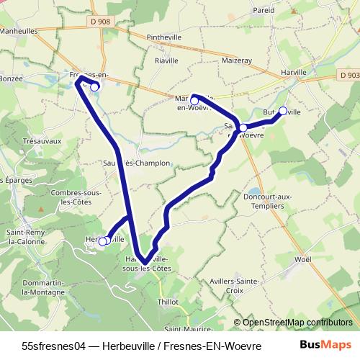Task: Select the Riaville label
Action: point(166,62)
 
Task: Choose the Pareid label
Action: point(264,11)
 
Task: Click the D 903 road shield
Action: point(348,75)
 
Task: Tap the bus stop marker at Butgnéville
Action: point(283,111)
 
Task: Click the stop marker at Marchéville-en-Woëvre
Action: point(194,101)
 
